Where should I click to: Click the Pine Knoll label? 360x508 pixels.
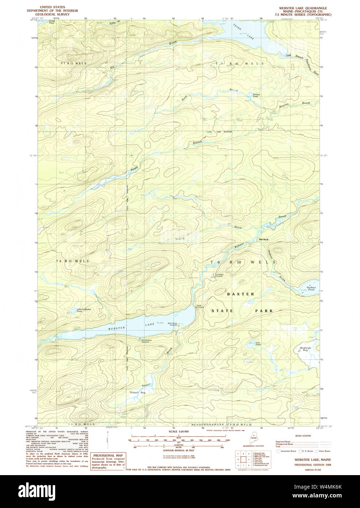(x=264, y=240)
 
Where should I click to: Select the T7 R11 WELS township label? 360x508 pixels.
(x=73, y=64)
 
